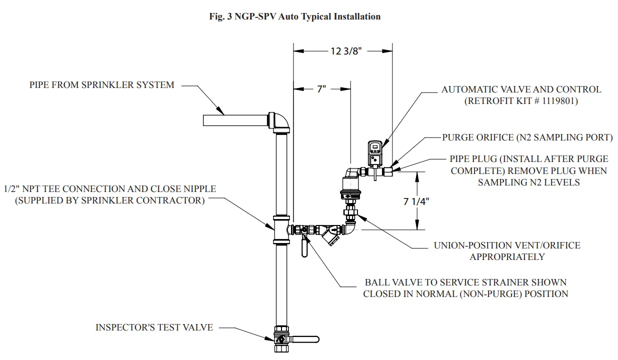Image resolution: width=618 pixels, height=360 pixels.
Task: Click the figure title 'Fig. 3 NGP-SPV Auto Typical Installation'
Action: pyautogui.click(x=294, y=16)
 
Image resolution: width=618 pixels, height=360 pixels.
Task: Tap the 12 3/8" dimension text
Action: pyautogui.click(x=345, y=50)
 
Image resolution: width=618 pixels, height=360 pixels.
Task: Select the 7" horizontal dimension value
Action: pyautogui.click(x=321, y=89)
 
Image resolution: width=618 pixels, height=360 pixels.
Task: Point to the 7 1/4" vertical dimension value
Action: pyautogui.click(x=416, y=201)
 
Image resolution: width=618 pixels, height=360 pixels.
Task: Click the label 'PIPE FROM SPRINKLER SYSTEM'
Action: pyautogui.click(x=102, y=85)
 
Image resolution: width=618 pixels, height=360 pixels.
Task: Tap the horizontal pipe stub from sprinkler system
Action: pyautogui.click(x=235, y=120)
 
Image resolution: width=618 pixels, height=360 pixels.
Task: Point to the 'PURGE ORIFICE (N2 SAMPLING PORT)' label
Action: pyautogui.click(x=527, y=137)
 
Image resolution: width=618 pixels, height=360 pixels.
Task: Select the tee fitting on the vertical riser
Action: pyautogui.click(x=281, y=230)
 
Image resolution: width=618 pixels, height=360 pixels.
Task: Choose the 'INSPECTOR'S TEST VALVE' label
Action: pyautogui.click(x=154, y=327)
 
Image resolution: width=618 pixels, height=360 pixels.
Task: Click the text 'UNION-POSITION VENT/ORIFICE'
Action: pyautogui.click(x=507, y=245)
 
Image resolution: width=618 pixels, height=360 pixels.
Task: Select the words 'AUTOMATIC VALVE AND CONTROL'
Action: pyautogui.click(x=521, y=89)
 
